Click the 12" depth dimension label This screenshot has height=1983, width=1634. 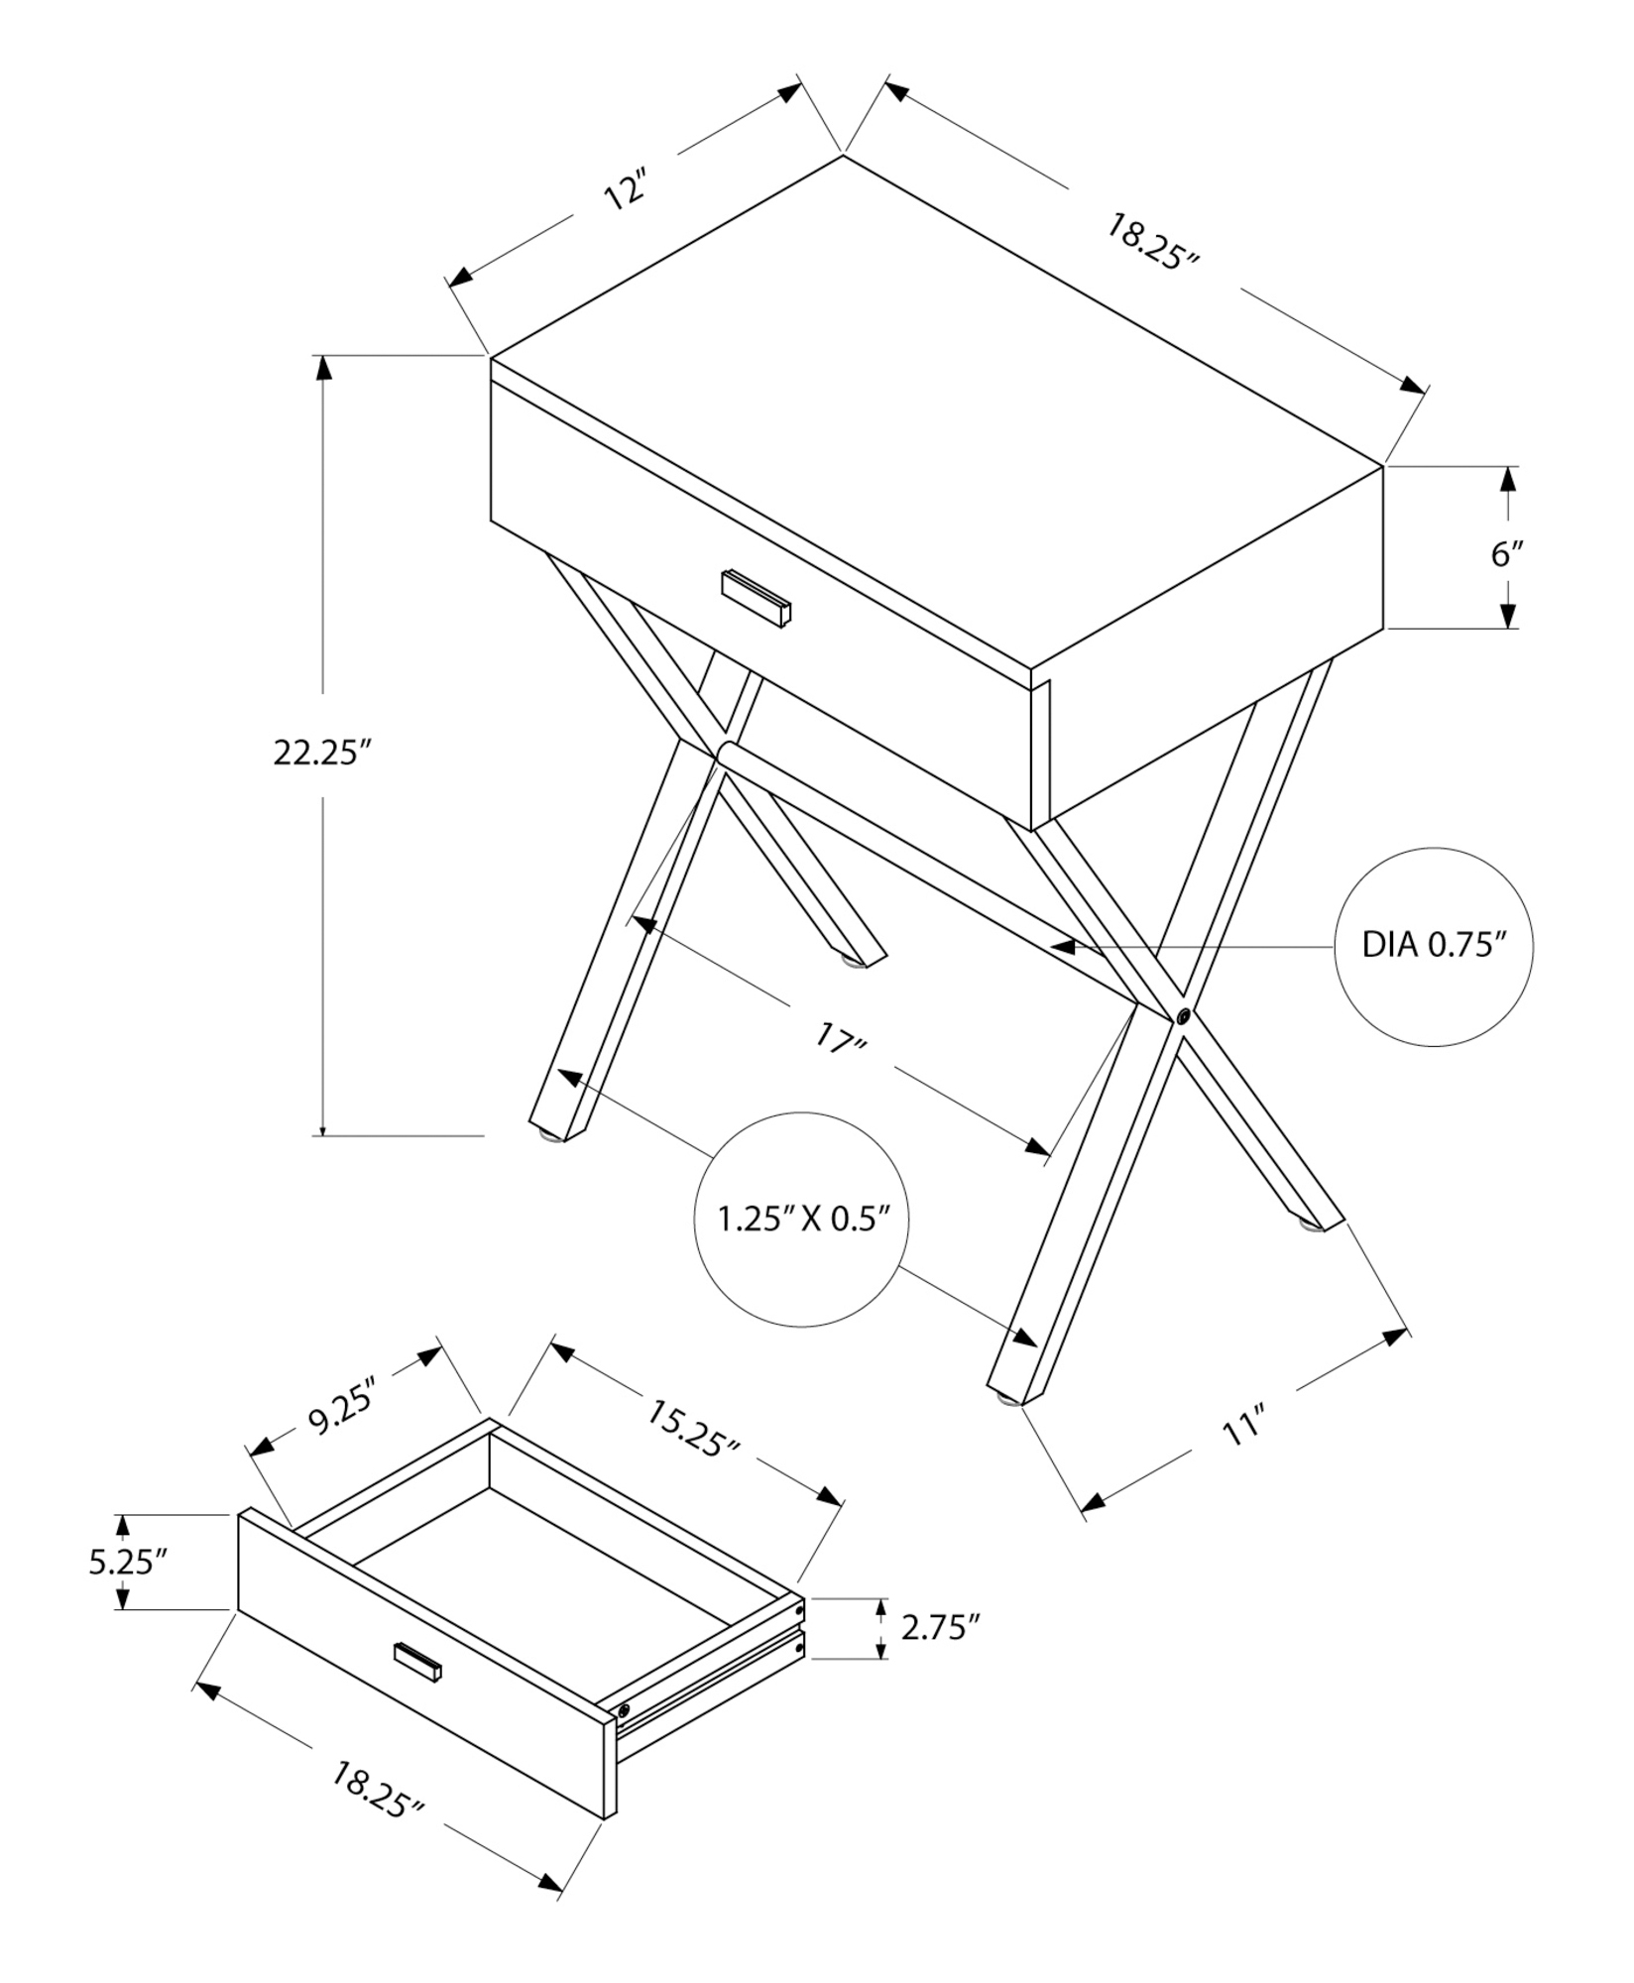click(x=626, y=190)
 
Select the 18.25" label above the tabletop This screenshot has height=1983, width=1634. click(x=1153, y=241)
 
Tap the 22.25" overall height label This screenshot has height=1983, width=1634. click(x=321, y=754)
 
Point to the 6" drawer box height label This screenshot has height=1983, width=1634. click(x=1507, y=553)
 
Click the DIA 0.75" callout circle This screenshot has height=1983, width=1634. click(x=1433, y=946)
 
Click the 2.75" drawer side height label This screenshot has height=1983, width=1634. click(x=940, y=1627)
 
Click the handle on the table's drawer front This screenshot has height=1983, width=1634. click(x=757, y=598)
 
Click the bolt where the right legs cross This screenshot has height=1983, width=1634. click(x=1182, y=1016)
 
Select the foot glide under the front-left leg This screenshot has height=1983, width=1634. click(x=548, y=1136)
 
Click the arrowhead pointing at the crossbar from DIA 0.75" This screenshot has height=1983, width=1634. click(x=1064, y=947)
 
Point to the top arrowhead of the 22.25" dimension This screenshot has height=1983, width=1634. click(x=322, y=368)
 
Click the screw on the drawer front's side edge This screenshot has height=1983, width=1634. click(x=623, y=1711)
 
